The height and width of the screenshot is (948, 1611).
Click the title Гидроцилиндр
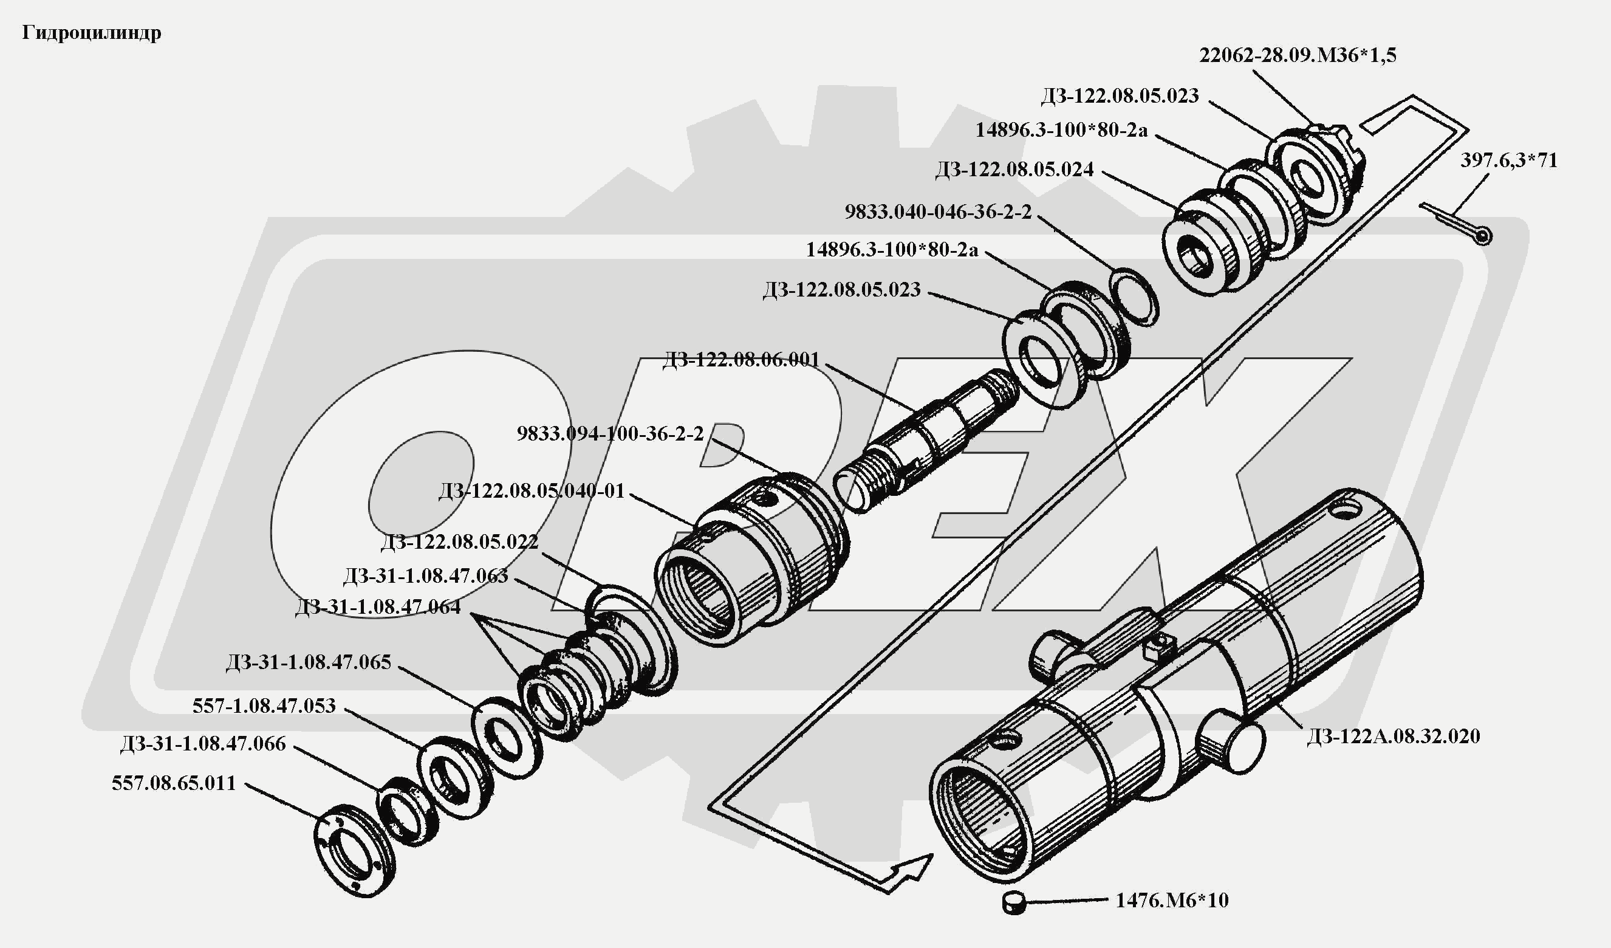91,33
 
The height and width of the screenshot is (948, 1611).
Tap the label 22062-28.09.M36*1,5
1297,56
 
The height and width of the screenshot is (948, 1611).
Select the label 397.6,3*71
1509,160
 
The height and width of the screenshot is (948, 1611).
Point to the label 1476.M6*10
1172,901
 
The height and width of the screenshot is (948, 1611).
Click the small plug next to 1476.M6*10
1013,903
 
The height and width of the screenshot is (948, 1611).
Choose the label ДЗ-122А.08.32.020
1393,737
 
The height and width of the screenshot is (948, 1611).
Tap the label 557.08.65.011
174,783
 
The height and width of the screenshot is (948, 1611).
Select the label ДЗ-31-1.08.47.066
203,744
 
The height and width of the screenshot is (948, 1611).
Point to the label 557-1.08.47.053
264,706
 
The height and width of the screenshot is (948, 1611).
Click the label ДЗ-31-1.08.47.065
308,662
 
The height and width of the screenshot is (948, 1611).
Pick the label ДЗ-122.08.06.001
741,360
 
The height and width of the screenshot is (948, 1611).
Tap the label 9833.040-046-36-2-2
938,212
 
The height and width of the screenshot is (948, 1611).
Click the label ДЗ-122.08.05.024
1014,170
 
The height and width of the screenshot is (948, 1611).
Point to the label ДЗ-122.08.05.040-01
532,491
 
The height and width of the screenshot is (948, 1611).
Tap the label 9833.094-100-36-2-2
610,434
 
